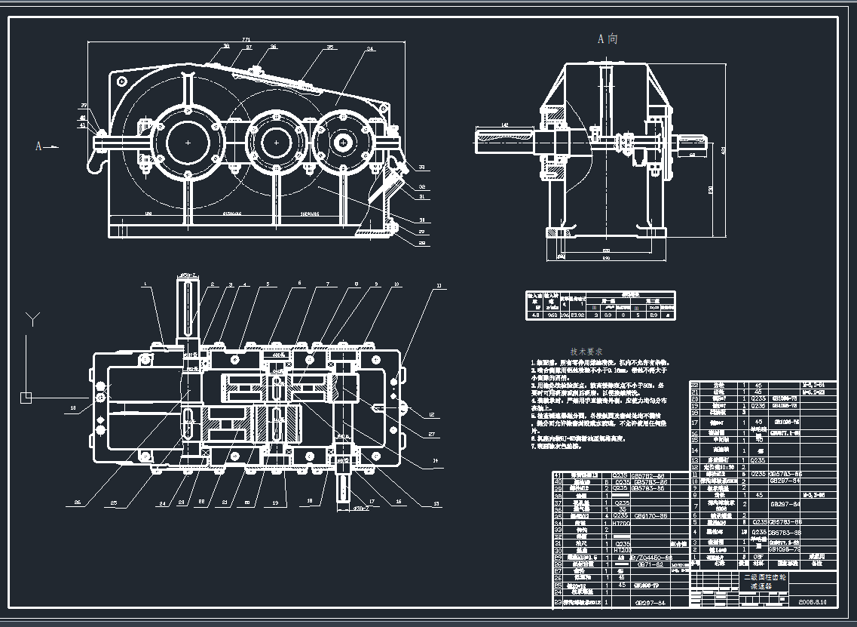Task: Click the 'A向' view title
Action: point(608,38)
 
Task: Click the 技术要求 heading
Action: point(586,352)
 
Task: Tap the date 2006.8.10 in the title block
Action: point(813,602)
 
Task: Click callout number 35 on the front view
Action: point(330,48)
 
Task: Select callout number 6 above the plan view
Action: point(299,284)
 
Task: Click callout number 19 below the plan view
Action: point(275,502)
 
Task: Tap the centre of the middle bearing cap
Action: point(277,141)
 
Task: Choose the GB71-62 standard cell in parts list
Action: point(650,564)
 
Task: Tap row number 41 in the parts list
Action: point(558,475)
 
